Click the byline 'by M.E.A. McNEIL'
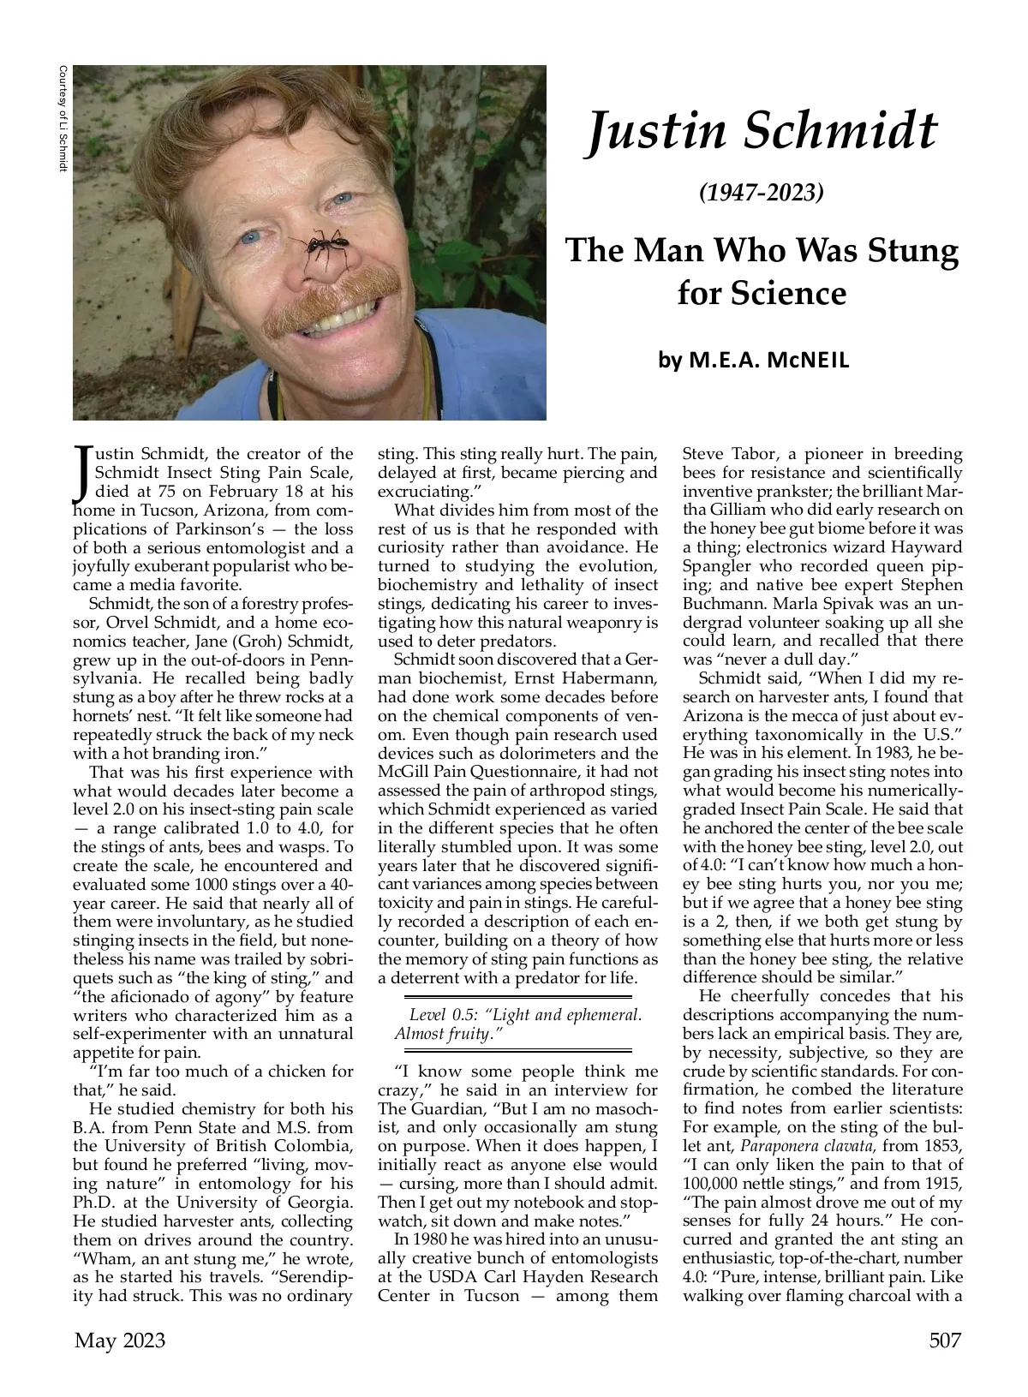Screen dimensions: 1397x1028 (x=754, y=361)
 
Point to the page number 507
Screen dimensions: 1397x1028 (x=945, y=1340)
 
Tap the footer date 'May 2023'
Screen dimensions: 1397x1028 (x=120, y=1340)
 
